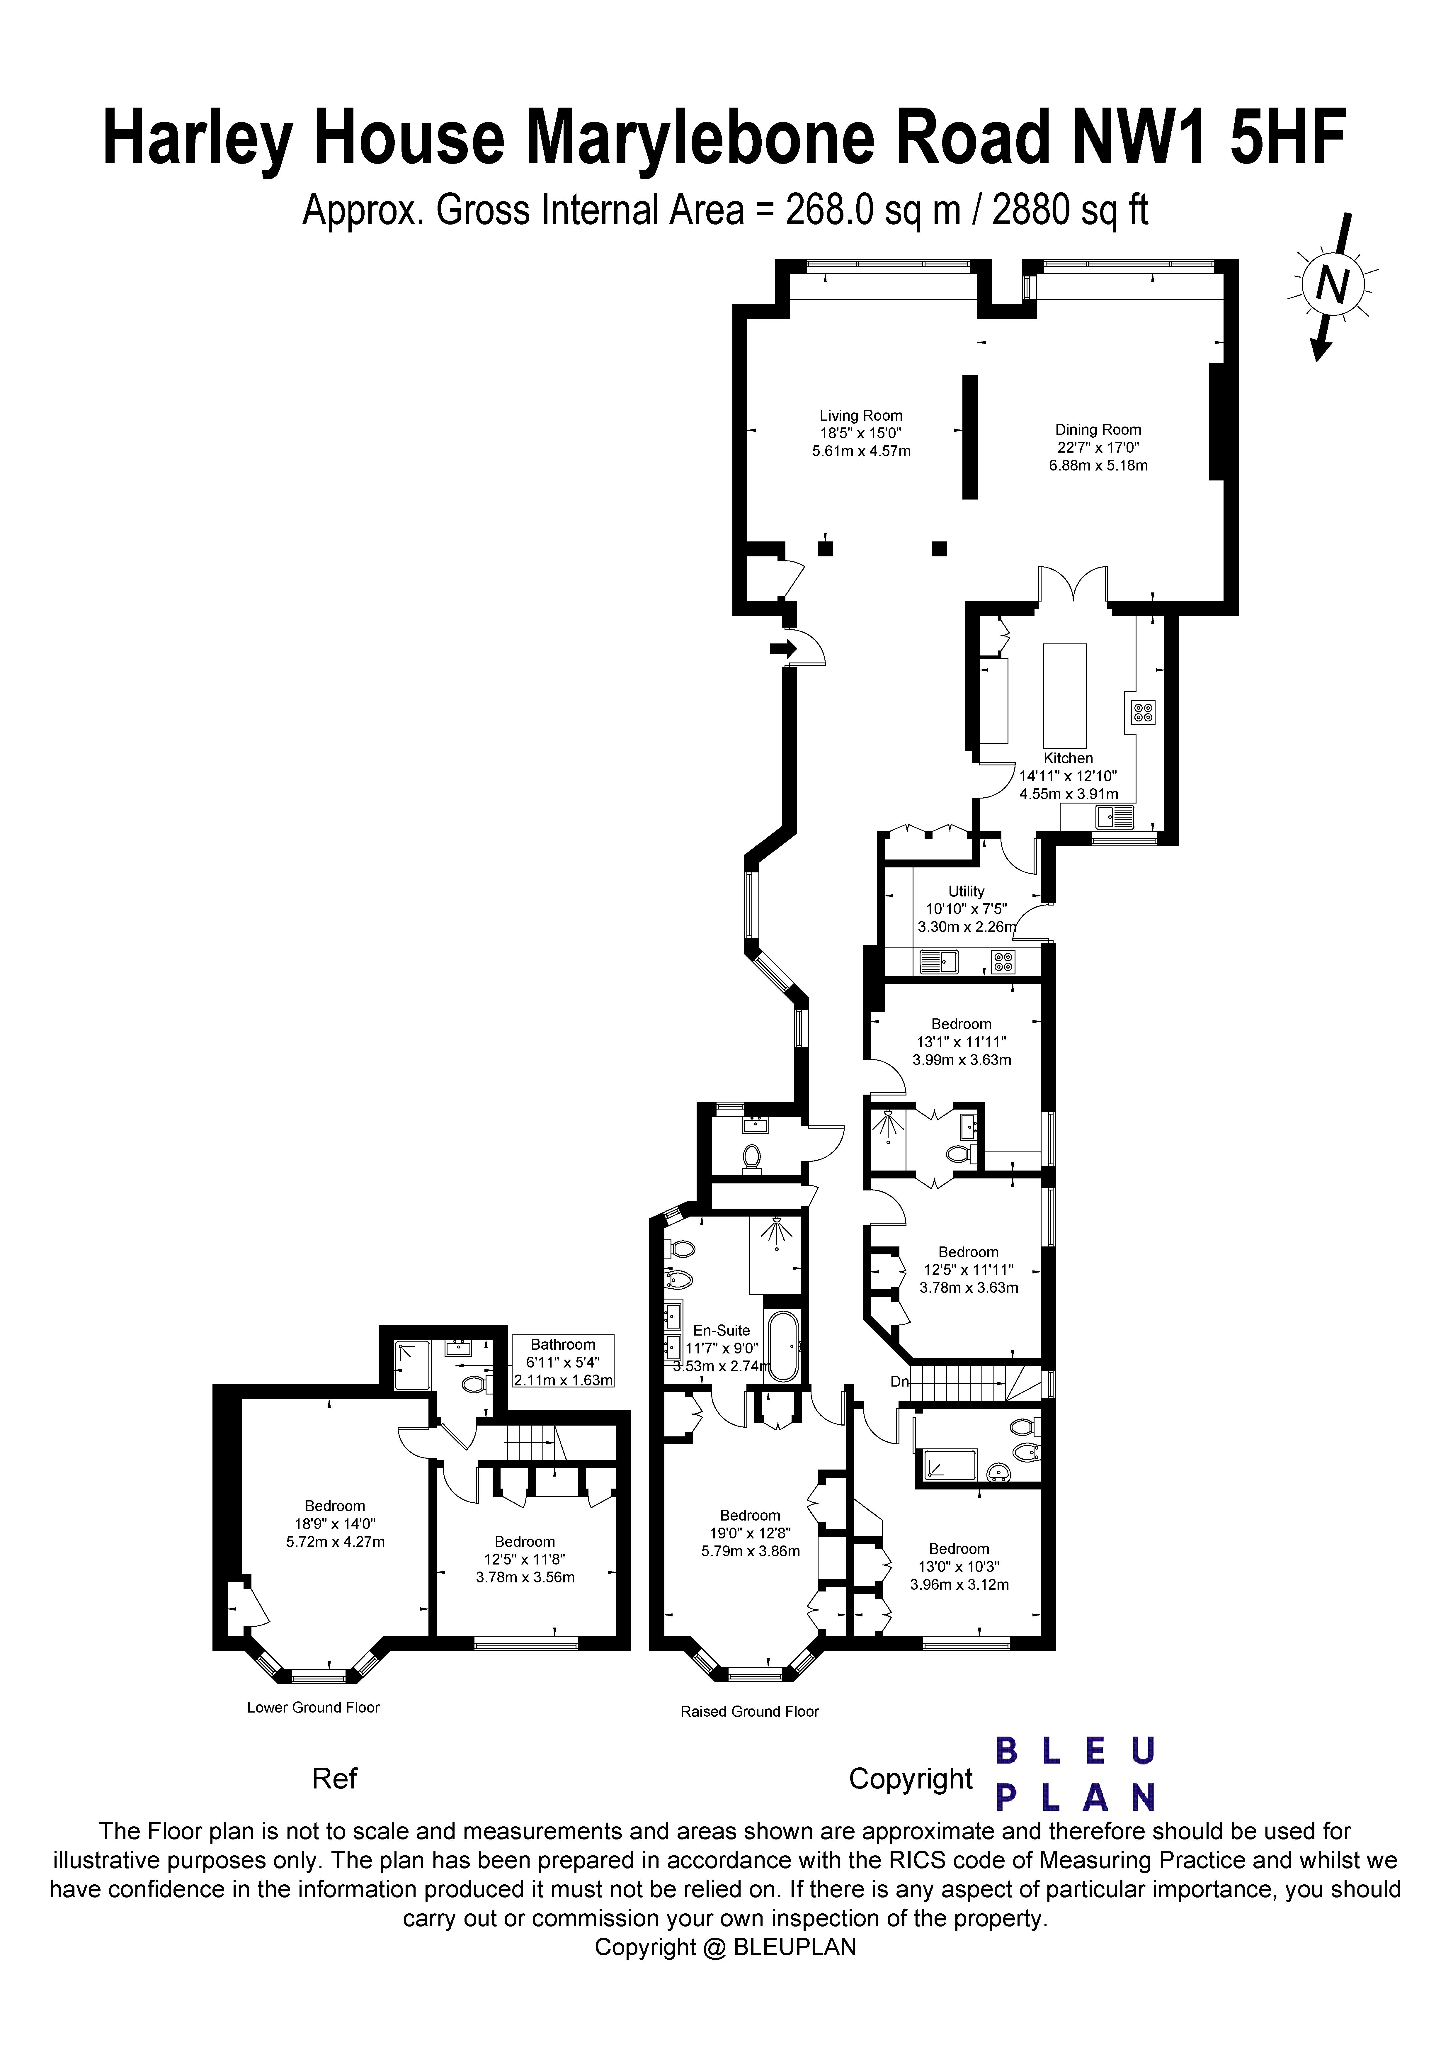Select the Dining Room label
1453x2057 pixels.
pos(1098,447)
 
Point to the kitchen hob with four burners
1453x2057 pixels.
pos(1143,712)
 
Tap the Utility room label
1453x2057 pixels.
pos(967,908)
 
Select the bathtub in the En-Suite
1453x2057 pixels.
pos(785,1346)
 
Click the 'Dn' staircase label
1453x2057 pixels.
pos(899,1382)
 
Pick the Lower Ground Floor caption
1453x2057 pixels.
pos(314,1707)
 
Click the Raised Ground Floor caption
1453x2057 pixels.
pos(750,1711)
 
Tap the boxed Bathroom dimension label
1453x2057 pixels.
pos(563,1362)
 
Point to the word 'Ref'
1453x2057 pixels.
pos(334,1779)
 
